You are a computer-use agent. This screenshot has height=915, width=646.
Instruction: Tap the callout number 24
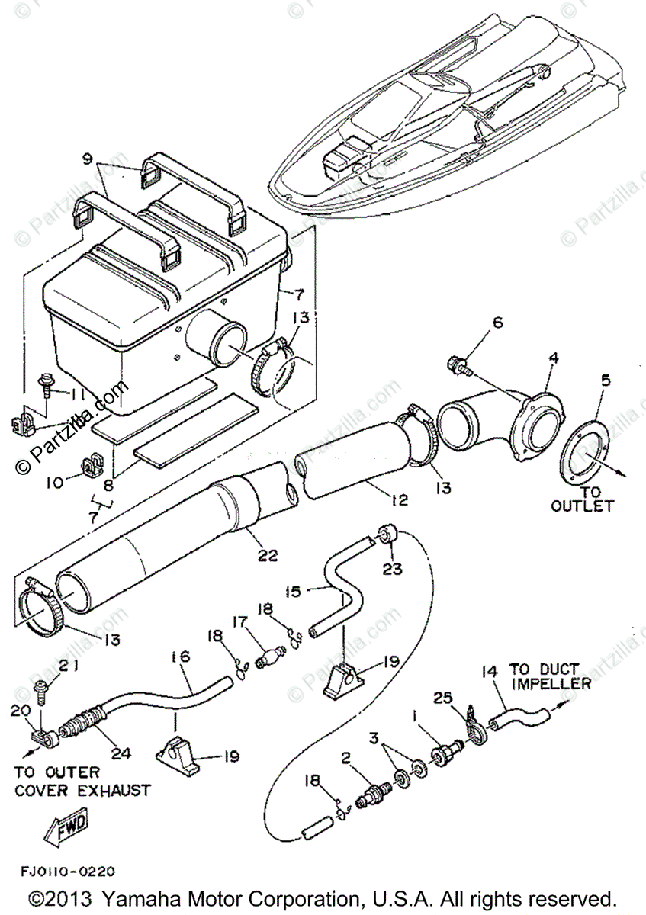pyautogui.click(x=121, y=753)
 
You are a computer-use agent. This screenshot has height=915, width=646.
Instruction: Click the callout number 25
pyautogui.click(x=443, y=697)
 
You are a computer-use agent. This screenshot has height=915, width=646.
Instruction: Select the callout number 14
pyautogui.click(x=489, y=671)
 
